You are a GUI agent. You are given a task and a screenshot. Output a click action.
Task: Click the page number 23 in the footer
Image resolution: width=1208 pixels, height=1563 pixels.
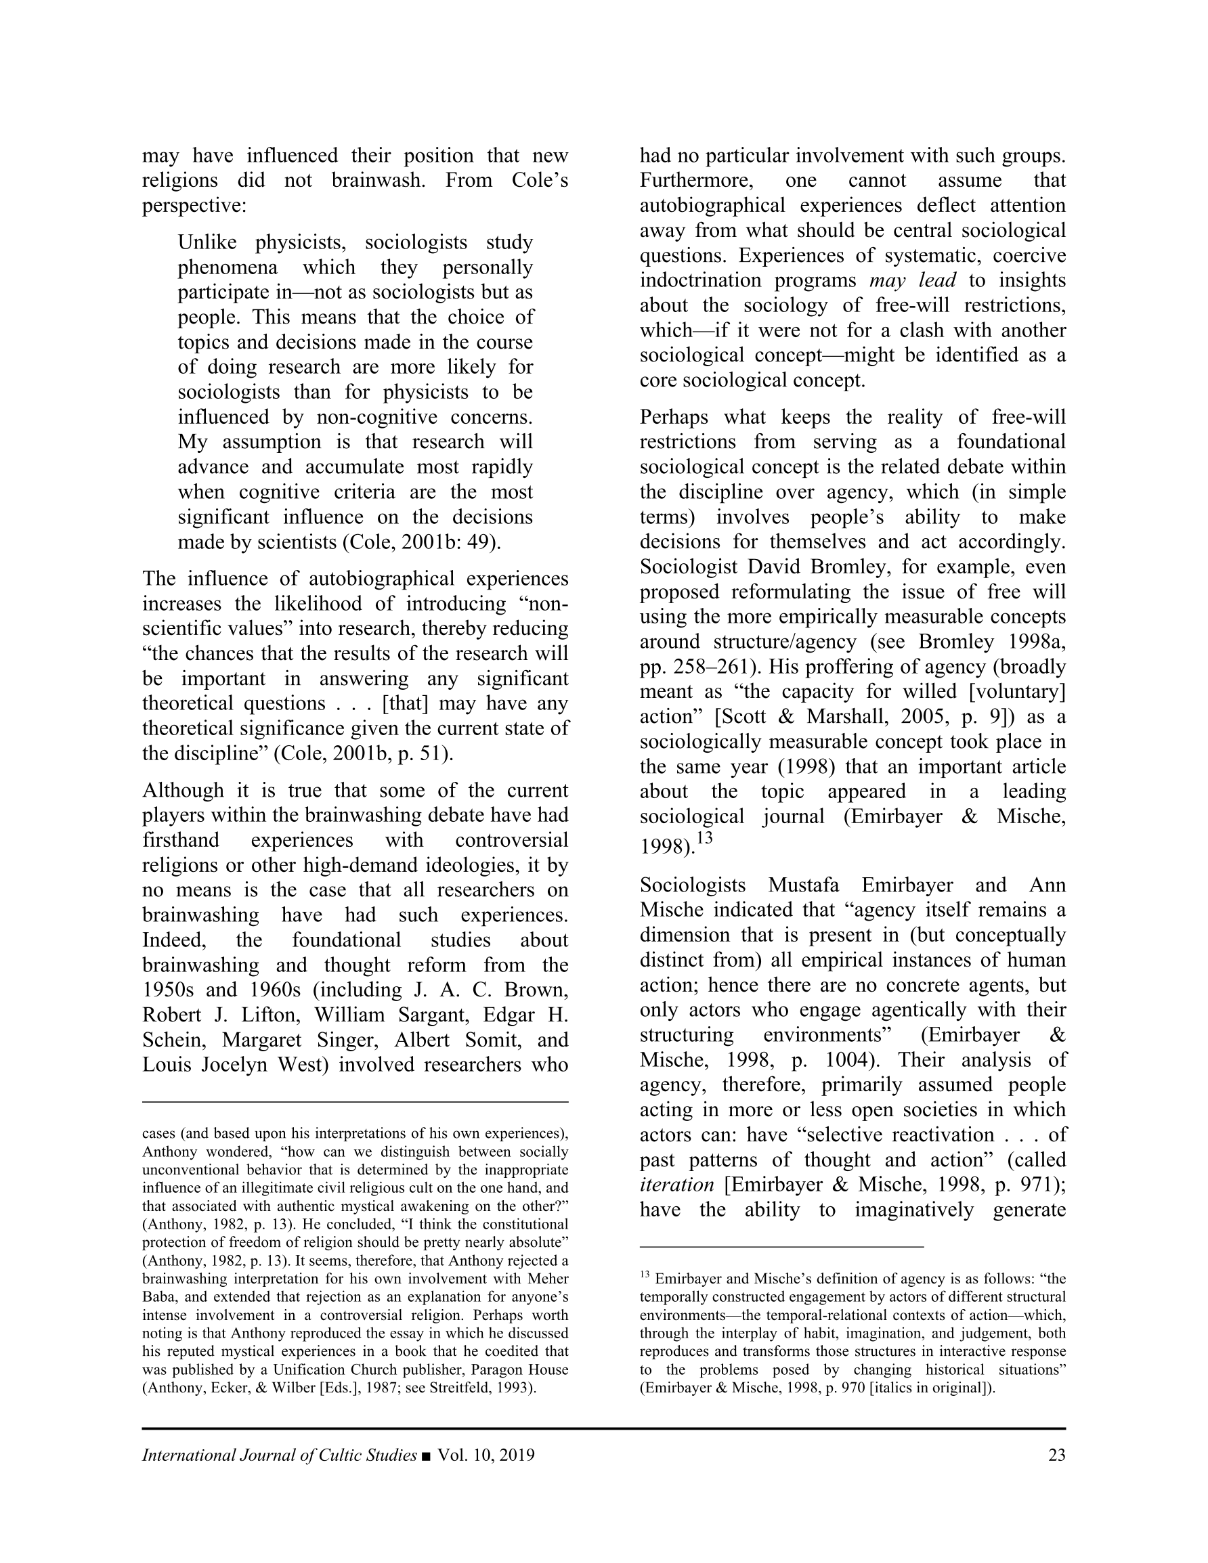coord(1056,1455)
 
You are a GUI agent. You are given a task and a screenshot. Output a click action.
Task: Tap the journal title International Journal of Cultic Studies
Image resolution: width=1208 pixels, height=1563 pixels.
coord(279,1455)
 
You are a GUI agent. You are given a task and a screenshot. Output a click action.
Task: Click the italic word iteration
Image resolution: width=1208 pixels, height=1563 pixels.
coord(676,1185)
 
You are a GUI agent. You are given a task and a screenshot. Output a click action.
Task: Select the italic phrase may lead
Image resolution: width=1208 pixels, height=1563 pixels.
coord(912,280)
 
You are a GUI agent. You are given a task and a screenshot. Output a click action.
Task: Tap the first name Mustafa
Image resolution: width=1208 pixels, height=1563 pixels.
coord(804,885)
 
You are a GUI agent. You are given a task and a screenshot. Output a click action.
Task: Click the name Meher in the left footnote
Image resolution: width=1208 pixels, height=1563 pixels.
coord(548,1279)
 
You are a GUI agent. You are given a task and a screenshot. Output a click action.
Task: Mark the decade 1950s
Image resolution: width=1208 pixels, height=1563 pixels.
coord(171,990)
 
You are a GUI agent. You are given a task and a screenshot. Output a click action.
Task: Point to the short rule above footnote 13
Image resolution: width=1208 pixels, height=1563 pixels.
coord(781,1247)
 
